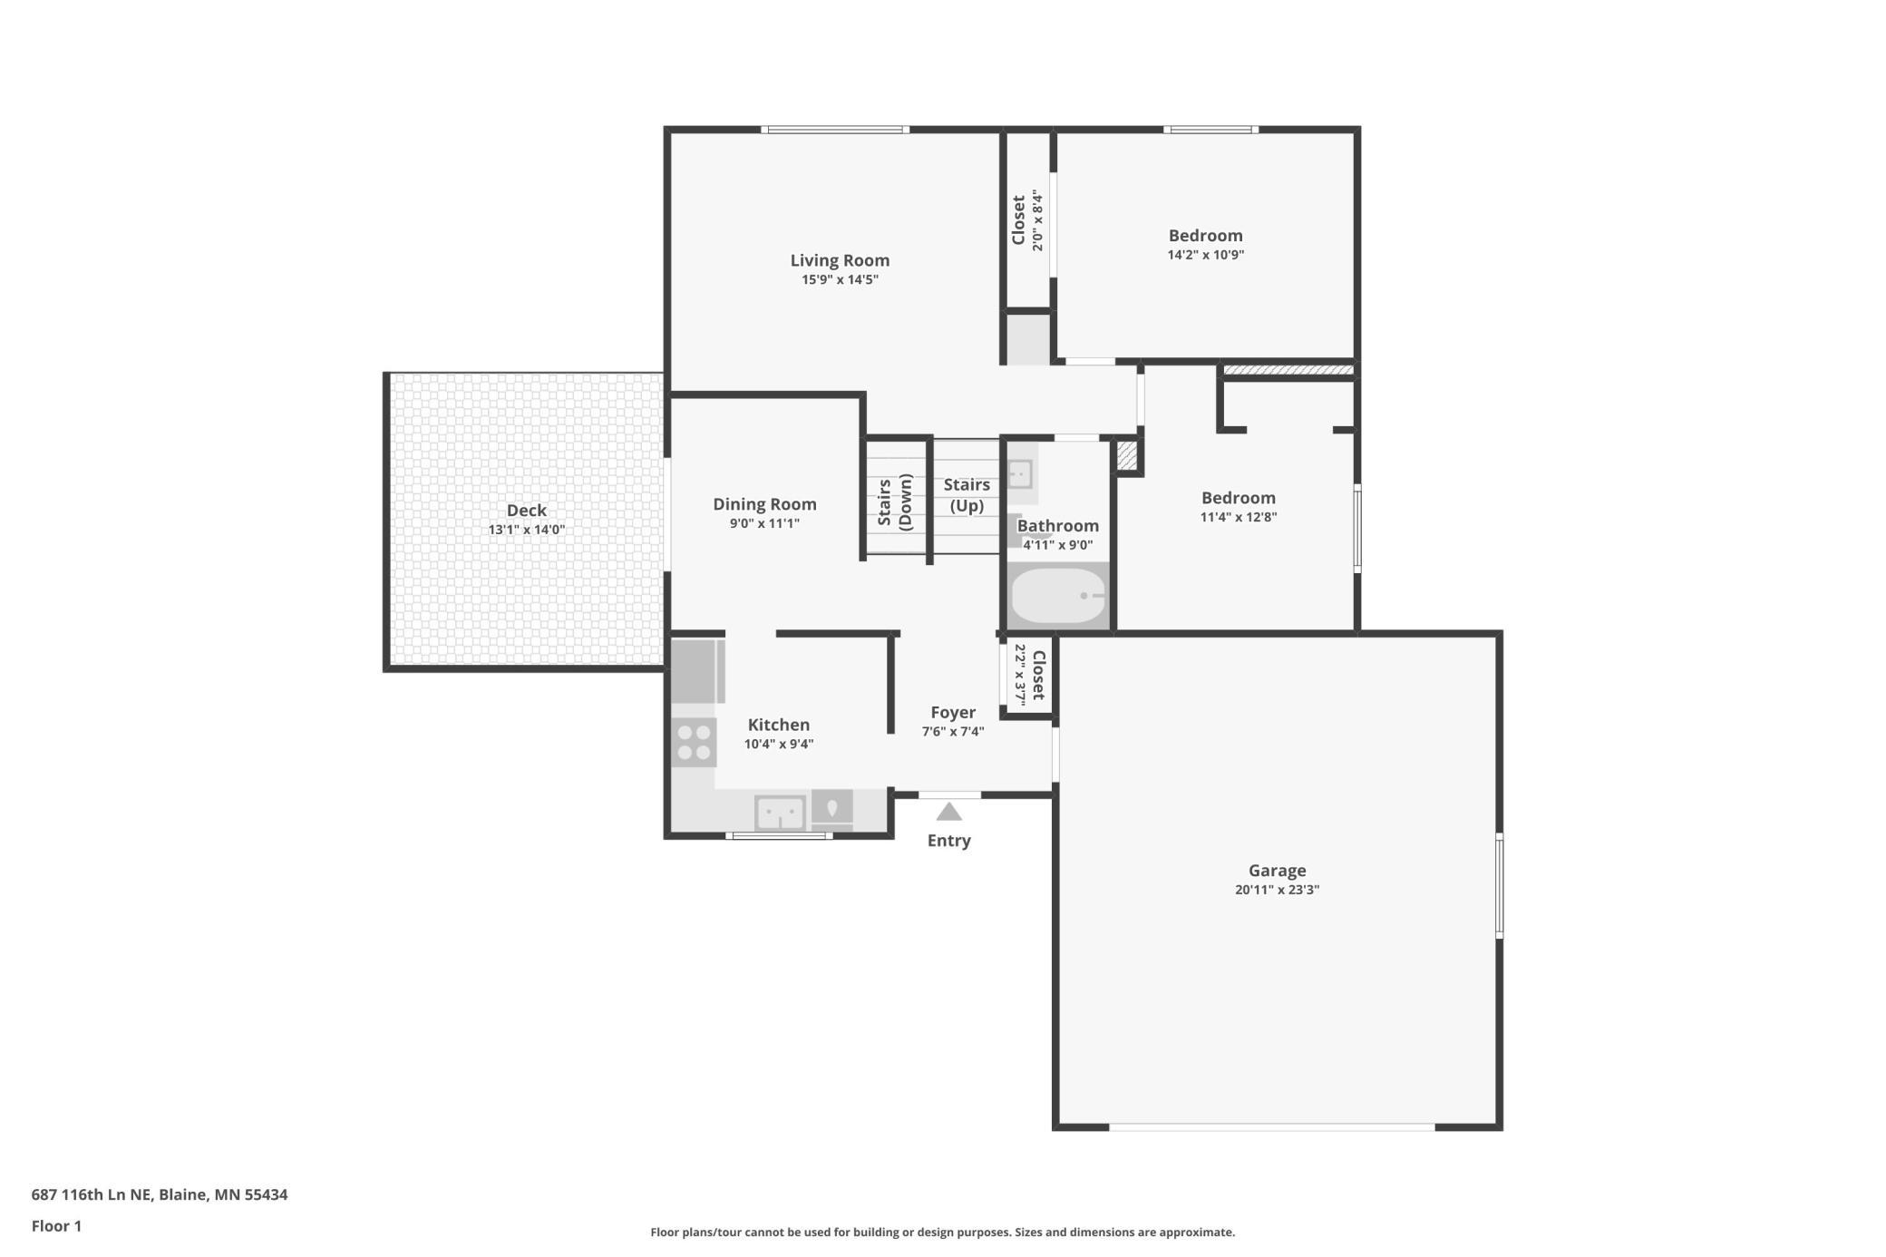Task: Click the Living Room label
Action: point(840,260)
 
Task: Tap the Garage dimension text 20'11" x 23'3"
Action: point(1277,890)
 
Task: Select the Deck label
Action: point(527,511)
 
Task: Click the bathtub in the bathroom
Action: point(1058,595)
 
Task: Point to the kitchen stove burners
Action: point(694,742)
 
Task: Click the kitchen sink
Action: point(780,812)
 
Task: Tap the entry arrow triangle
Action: point(948,812)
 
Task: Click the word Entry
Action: point(948,841)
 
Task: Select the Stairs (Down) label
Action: point(894,502)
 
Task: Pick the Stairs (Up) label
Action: point(967,495)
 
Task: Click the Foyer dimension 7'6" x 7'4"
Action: point(953,732)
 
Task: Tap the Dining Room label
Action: point(764,504)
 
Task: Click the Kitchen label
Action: point(779,725)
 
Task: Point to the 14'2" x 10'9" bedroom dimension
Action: point(1205,255)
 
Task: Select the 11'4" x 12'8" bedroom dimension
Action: point(1239,517)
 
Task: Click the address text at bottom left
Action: point(160,1194)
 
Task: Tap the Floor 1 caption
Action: point(56,1226)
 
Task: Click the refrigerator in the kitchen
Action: point(697,671)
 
